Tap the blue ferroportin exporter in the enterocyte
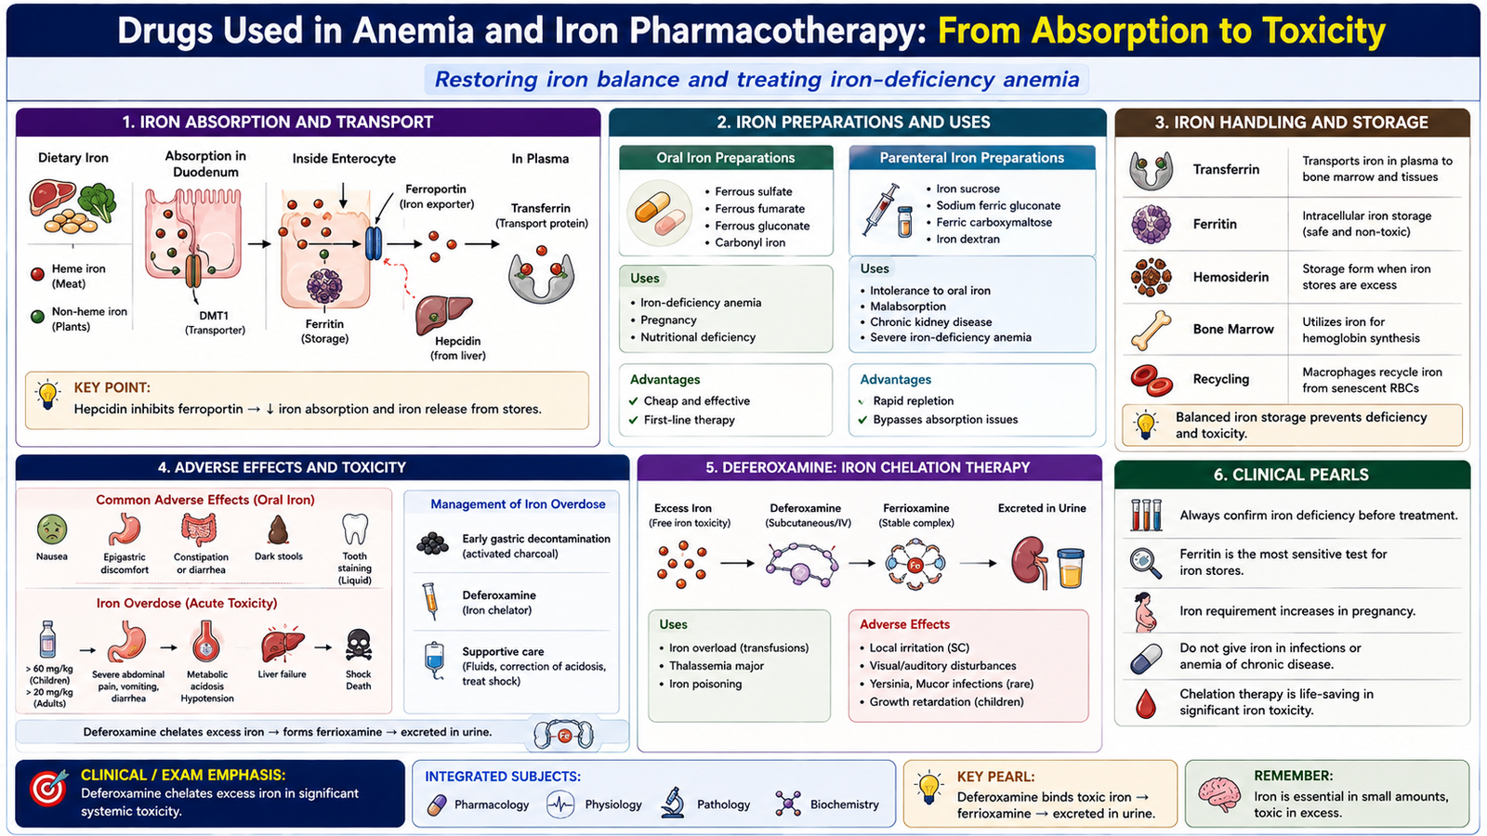(374, 243)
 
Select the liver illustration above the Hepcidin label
(442, 314)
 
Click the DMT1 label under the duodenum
(214, 316)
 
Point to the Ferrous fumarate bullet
(759, 208)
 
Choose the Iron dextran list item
(967, 239)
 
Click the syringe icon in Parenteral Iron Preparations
(880, 209)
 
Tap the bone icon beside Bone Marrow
(1151, 330)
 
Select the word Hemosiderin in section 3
(1230, 277)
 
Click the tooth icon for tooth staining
(354, 529)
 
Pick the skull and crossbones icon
(359, 645)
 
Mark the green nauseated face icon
(52, 530)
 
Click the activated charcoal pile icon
(433, 543)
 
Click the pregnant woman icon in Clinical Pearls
(1146, 612)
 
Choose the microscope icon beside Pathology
(673, 803)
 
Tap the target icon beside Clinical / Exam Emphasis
(48, 789)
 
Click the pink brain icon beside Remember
(1218, 794)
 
